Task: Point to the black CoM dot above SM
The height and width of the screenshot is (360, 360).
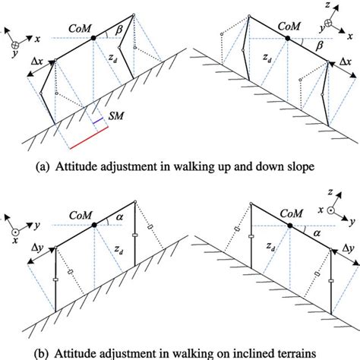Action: (x=93, y=36)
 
